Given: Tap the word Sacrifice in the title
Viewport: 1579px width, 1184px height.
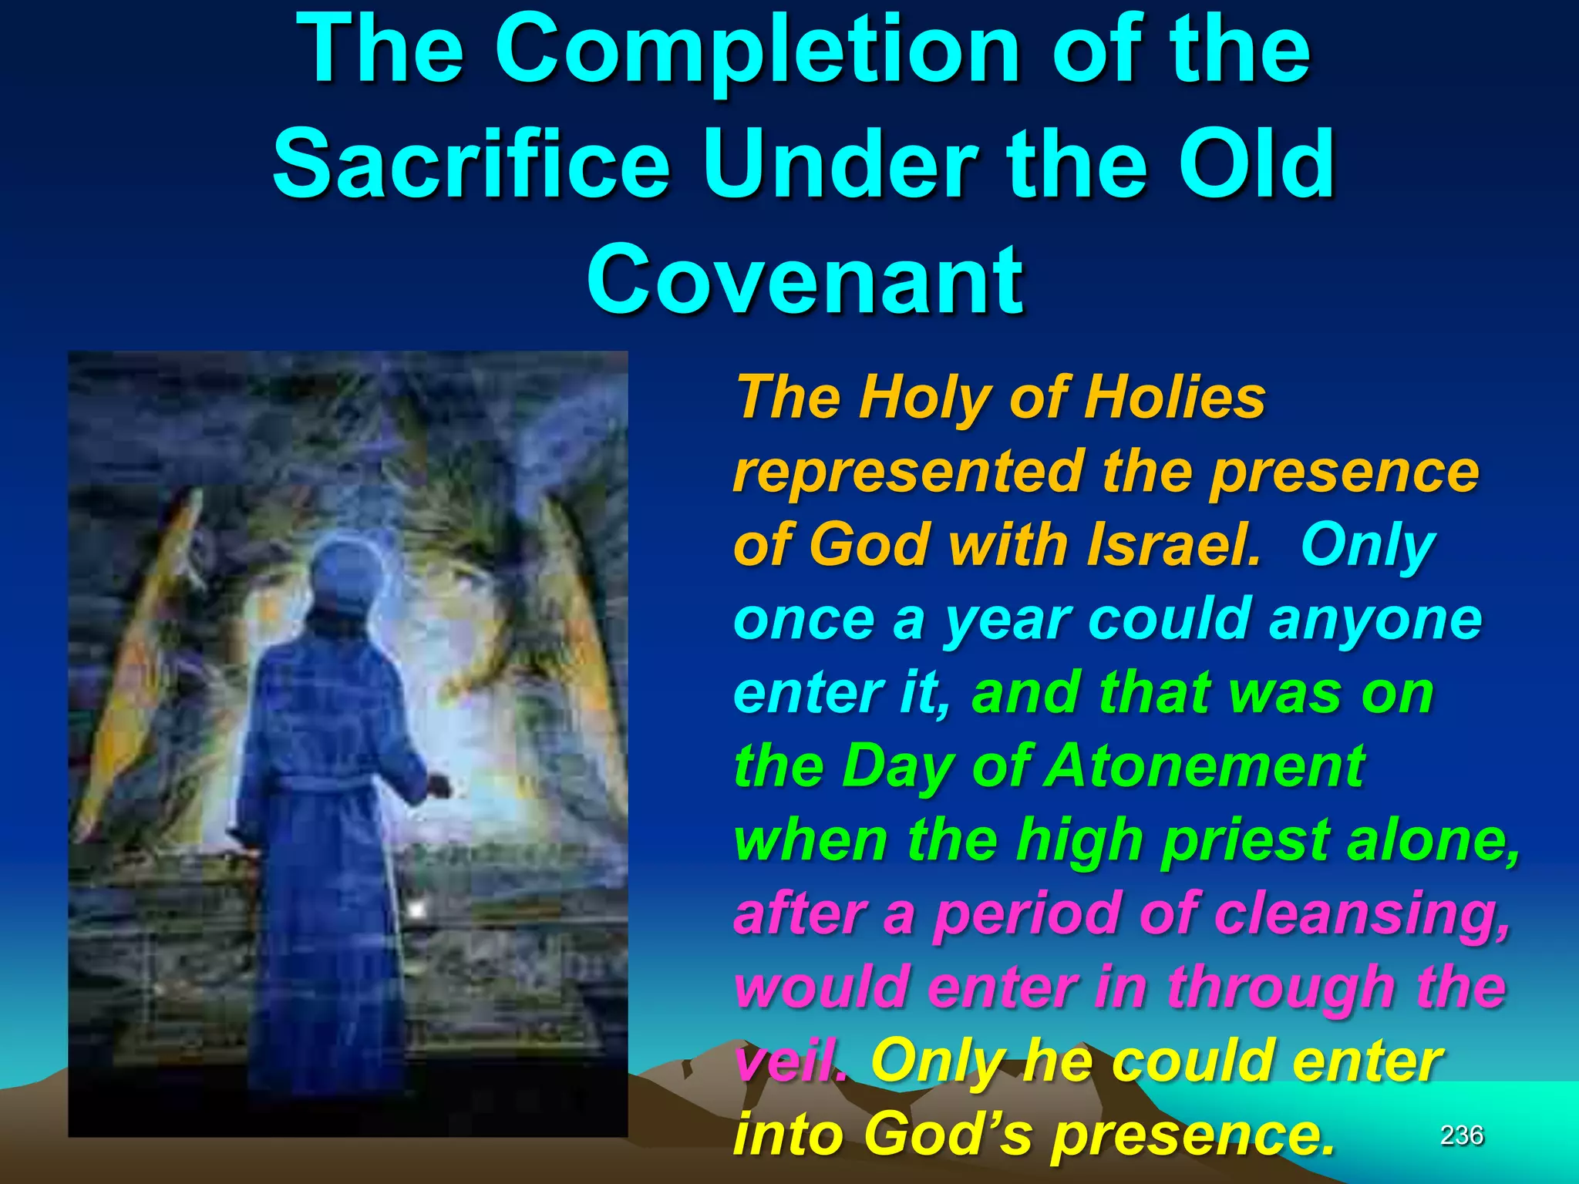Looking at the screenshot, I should coord(471,164).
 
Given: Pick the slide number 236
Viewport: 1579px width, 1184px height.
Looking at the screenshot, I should coord(1461,1135).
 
